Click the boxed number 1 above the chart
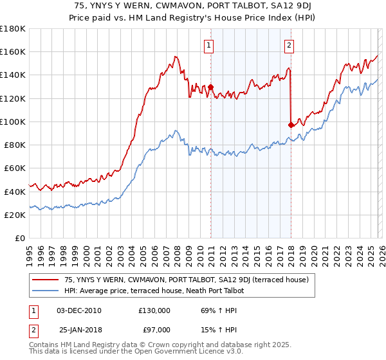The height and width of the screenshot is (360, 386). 210,45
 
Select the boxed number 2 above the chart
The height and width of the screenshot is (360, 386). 289,45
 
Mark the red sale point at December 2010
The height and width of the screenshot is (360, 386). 210,87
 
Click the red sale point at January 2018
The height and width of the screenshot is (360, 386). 291,125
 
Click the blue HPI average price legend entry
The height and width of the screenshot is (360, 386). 154,291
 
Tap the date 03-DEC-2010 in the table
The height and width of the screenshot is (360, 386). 79,310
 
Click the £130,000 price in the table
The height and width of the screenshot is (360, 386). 154,310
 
